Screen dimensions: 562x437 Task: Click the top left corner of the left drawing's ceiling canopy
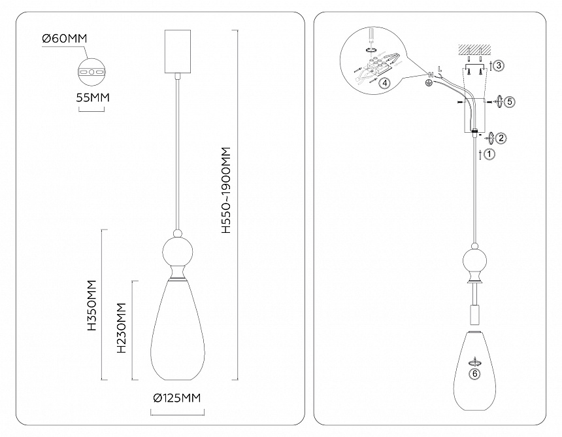(165, 30)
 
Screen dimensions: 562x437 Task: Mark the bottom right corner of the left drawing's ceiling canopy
(190, 73)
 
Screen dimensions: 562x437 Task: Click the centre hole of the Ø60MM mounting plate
(91, 72)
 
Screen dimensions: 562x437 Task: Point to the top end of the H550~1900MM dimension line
(235, 30)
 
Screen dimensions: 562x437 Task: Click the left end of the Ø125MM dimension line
(151, 411)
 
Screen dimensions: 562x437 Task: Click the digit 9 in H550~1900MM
(226, 186)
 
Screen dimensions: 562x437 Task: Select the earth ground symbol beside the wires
(428, 83)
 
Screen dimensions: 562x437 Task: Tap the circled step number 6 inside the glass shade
(475, 374)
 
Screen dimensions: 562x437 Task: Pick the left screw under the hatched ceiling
(469, 71)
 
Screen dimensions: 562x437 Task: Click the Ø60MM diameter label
(65, 38)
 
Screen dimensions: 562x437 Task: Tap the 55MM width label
(93, 97)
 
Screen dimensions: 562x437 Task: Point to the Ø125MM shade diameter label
(176, 398)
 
